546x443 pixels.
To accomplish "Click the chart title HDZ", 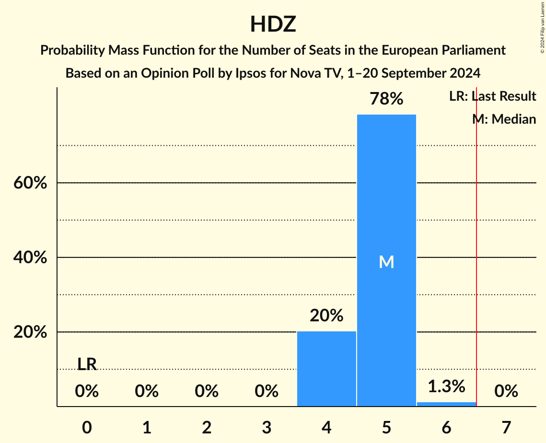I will (273, 24).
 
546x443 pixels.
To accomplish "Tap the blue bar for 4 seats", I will (326, 369).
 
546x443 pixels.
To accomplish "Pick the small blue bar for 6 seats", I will (446, 404).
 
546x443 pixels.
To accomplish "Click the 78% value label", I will (386, 99).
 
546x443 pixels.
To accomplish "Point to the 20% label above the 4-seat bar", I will (326, 316).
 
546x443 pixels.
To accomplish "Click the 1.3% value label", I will (446, 386).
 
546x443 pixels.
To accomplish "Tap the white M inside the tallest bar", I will (386, 262).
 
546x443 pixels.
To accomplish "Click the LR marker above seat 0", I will (87, 364).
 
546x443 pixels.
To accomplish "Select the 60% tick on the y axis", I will (30, 183).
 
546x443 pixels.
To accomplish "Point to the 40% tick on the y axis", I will (30, 258).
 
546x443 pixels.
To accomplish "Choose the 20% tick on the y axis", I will (30, 332).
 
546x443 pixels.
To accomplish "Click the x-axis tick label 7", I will (506, 427).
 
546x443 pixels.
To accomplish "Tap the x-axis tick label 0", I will (87, 427).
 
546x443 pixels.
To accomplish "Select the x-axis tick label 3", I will (267, 427).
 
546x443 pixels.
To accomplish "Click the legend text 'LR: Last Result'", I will (492, 96).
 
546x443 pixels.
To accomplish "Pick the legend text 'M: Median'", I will (504, 119).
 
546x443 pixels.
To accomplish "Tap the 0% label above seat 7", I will (506, 392).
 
